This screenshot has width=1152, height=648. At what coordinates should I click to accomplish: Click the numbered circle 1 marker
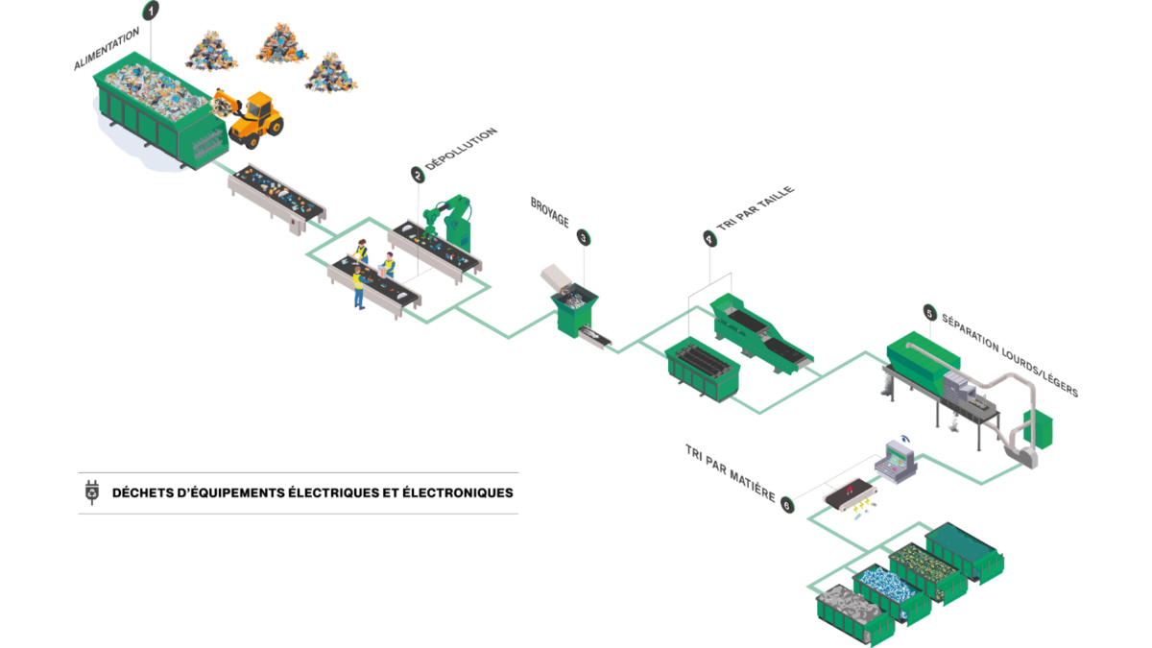(x=151, y=11)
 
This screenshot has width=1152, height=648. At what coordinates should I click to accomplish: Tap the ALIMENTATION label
(x=107, y=48)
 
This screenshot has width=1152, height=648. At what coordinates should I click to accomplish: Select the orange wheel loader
(x=249, y=118)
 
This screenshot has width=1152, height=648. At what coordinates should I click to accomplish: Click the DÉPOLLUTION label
(x=461, y=148)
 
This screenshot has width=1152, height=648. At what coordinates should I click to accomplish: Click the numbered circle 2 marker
(x=418, y=175)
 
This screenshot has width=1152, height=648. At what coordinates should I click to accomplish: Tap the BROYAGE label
(x=550, y=212)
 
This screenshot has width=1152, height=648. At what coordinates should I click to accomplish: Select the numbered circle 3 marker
(x=584, y=238)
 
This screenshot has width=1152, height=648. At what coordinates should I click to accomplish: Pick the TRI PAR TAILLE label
(x=756, y=208)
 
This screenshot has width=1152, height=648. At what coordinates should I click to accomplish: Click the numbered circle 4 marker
(x=710, y=239)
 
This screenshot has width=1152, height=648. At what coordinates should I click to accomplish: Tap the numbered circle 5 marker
(x=930, y=313)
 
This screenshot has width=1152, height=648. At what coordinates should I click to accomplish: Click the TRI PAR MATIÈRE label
(x=731, y=472)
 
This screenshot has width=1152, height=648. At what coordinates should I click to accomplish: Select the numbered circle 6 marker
(x=787, y=505)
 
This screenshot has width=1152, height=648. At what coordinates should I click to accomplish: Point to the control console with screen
(x=897, y=462)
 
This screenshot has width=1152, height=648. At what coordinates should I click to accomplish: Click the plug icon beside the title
(x=92, y=492)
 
